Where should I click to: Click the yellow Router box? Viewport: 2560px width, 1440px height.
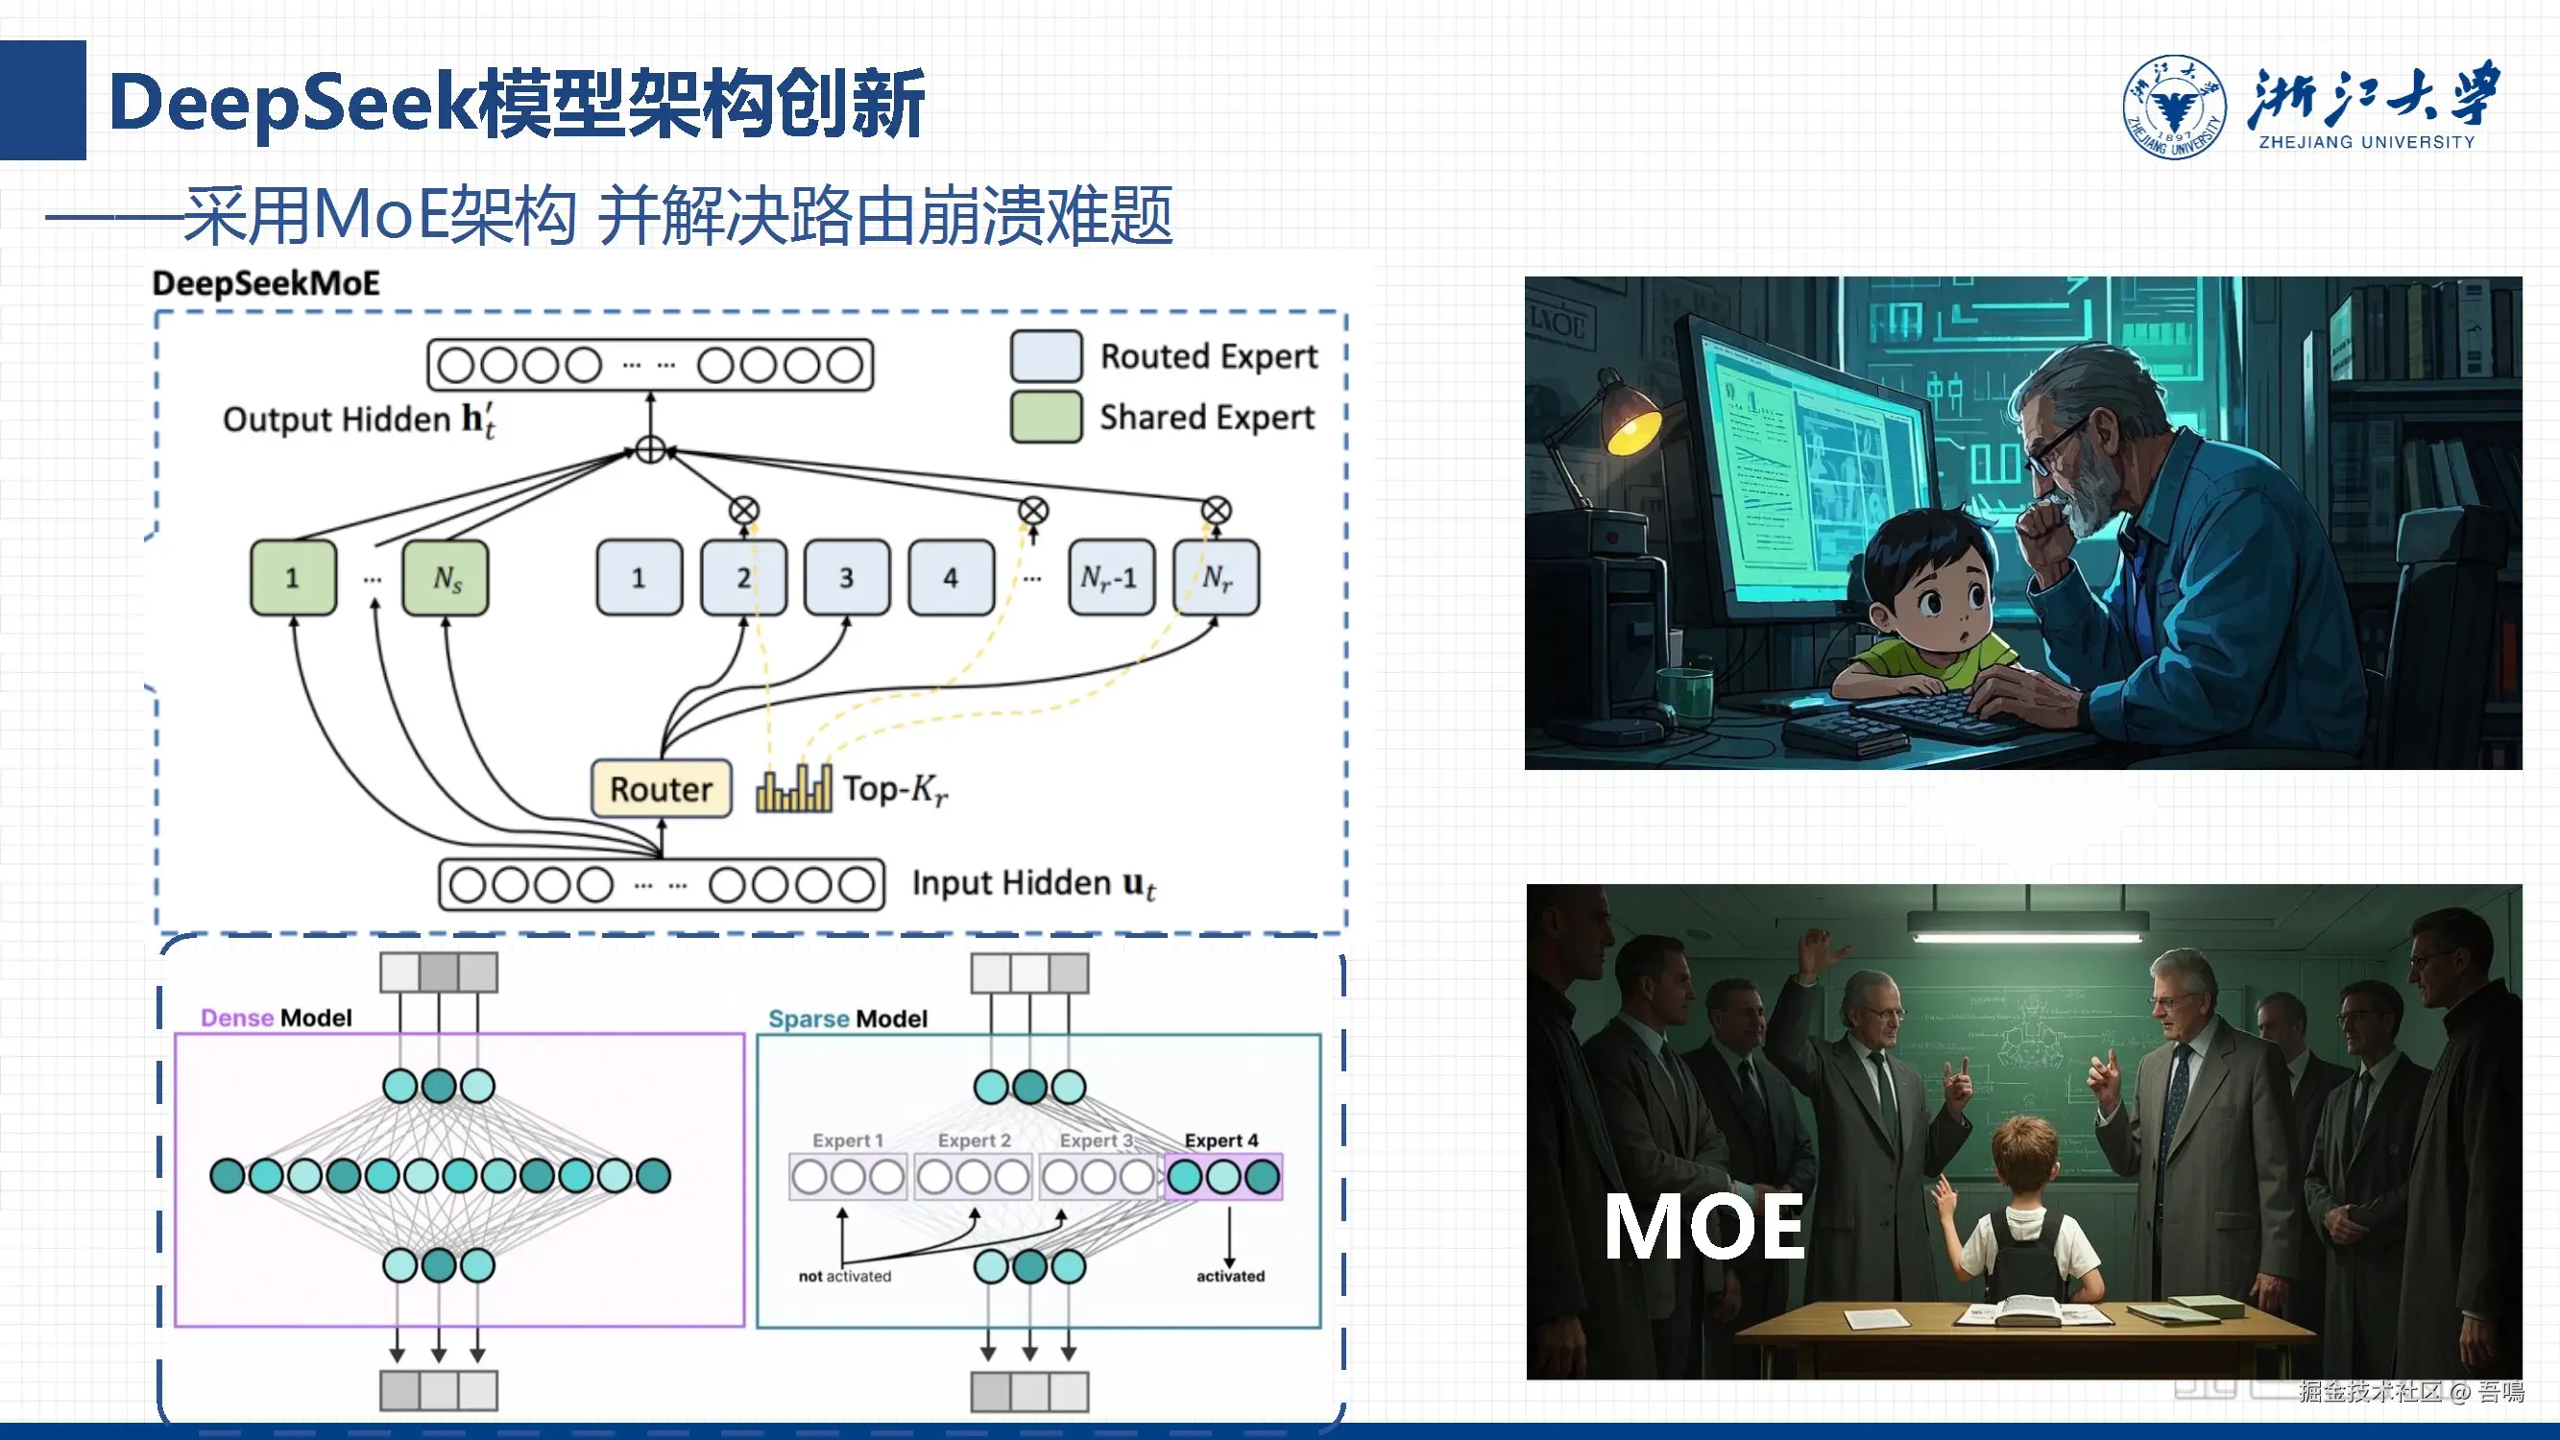(x=661, y=789)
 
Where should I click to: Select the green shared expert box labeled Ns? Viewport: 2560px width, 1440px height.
(x=447, y=577)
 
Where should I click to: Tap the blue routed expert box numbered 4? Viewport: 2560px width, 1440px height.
(x=951, y=577)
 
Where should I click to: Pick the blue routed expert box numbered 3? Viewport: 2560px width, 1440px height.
(x=847, y=577)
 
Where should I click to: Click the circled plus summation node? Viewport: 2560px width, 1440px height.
(x=651, y=450)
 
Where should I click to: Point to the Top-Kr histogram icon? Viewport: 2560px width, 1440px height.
(x=793, y=790)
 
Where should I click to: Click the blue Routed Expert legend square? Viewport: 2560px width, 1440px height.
(x=1046, y=357)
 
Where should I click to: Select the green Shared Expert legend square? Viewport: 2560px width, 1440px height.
(x=1046, y=417)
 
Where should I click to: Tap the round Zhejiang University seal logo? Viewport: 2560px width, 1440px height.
(x=2173, y=107)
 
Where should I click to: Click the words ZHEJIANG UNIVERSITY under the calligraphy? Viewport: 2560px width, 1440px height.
(x=2366, y=142)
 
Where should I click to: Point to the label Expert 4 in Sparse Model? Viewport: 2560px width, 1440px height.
(x=1220, y=1140)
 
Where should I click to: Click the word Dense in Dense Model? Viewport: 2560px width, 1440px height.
(x=236, y=1018)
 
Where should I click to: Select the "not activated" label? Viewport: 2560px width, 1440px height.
(x=845, y=1276)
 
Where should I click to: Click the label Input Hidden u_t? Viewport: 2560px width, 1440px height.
(x=1033, y=883)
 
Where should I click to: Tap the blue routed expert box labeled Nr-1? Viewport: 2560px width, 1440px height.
(x=1110, y=577)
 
